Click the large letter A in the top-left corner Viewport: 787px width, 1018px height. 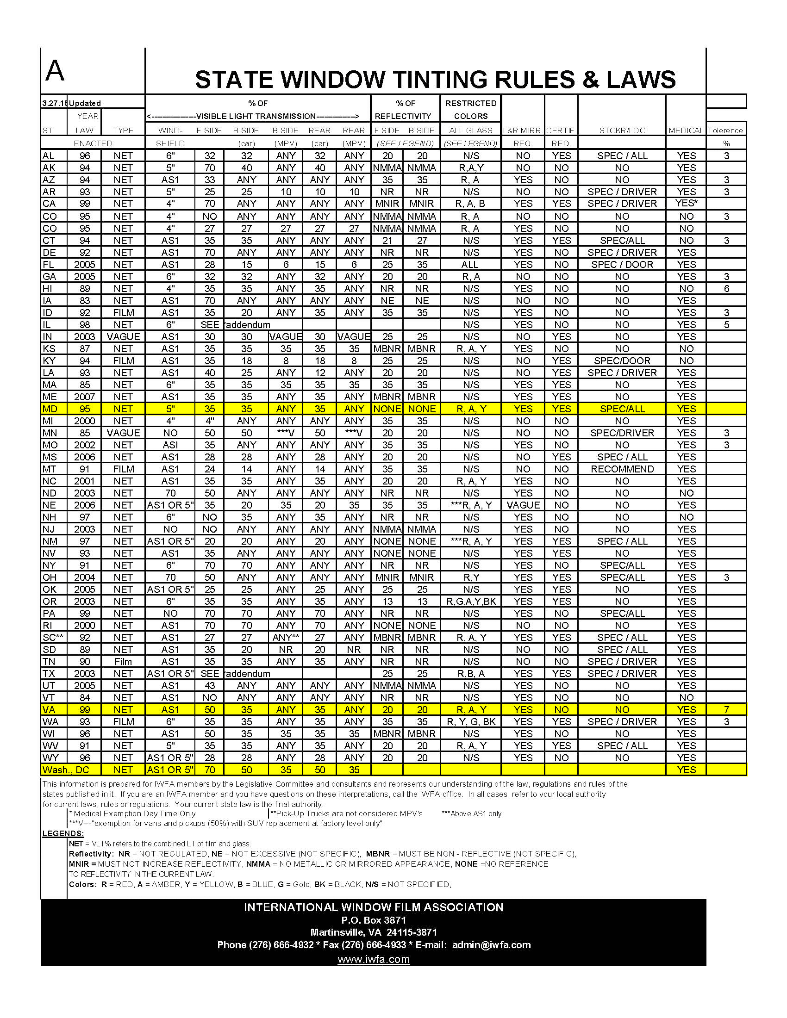point(55,71)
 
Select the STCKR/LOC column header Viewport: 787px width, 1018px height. point(622,130)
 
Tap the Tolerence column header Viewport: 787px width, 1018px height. point(725,130)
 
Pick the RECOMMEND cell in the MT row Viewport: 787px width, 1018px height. point(622,469)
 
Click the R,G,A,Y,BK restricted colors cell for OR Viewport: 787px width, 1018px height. point(471,601)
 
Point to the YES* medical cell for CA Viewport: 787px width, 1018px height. point(686,203)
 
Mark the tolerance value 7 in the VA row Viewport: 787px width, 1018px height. point(726,709)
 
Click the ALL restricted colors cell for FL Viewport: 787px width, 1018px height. point(470,264)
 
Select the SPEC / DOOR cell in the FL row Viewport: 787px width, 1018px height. point(622,264)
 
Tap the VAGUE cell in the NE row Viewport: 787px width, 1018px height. point(523,505)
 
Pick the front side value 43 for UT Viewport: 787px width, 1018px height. point(210,685)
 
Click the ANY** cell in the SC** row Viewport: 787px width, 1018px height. point(286,637)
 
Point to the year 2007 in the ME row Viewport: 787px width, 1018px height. point(84,397)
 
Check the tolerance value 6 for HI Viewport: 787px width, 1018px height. point(726,289)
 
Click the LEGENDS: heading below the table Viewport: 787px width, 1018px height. point(63,833)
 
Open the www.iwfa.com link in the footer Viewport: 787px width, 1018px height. point(374,959)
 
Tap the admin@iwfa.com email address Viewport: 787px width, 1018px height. point(491,945)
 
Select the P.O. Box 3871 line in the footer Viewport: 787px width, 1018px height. point(374,920)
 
